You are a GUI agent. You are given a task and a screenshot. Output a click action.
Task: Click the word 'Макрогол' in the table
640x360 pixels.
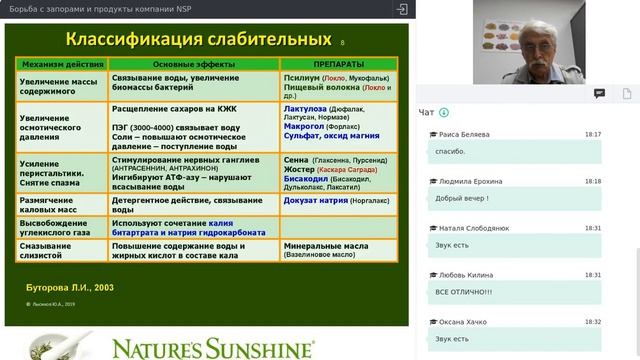click(x=307, y=127)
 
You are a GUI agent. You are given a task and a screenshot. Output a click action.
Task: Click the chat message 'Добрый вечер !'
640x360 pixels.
click(x=461, y=198)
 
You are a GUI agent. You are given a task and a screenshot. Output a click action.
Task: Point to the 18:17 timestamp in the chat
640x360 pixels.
click(x=593, y=134)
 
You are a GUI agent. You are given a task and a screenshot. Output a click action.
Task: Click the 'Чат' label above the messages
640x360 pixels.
click(x=427, y=112)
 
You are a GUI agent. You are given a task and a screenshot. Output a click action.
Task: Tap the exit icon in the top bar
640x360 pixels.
click(x=401, y=9)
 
